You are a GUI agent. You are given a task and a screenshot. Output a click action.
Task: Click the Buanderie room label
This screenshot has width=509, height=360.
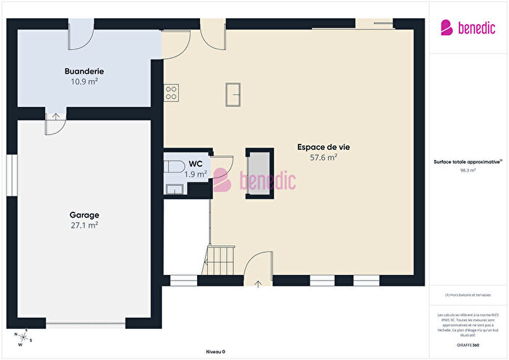[84, 71]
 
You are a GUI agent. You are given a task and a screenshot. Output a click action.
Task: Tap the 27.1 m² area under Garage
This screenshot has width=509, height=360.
[84, 225]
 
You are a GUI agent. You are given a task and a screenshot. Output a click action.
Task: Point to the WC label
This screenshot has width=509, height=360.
[195, 164]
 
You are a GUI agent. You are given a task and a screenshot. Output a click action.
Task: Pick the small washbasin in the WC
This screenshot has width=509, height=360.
[173, 189]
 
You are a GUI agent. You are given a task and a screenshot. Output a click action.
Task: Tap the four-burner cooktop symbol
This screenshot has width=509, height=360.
[172, 92]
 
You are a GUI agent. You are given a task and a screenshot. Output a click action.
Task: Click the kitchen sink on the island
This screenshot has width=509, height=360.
[233, 92]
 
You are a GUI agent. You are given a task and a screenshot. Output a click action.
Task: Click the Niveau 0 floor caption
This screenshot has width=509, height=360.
[215, 351]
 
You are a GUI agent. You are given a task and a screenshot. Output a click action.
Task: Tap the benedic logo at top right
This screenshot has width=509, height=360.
[468, 28]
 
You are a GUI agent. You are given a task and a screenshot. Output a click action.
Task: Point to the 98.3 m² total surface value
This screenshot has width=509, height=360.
[468, 170]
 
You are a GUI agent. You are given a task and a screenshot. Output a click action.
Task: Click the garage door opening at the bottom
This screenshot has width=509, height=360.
[86, 324]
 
